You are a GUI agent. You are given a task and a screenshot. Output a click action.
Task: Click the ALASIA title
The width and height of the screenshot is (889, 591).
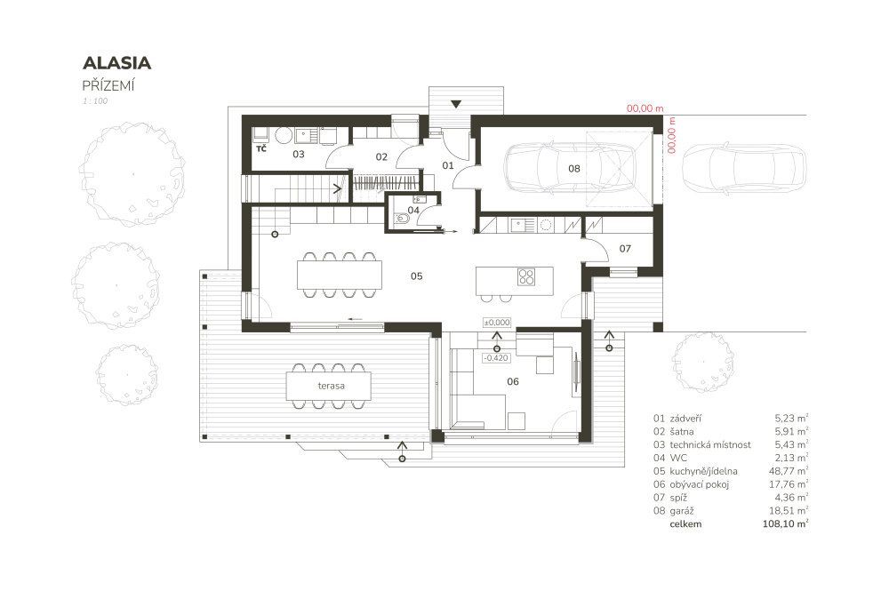(116, 63)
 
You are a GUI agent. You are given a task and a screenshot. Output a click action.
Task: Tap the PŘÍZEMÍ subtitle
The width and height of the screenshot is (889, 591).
(108, 85)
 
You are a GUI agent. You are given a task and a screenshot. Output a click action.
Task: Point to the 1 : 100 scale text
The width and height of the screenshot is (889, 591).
(95, 100)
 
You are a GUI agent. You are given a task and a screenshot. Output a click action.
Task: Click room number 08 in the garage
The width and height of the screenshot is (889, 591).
(573, 168)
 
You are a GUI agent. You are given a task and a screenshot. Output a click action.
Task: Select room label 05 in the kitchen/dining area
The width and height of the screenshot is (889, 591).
(417, 276)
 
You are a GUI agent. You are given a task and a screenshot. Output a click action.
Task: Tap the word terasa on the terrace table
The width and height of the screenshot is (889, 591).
(331, 386)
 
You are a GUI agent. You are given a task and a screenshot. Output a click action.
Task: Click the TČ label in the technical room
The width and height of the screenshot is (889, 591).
(261, 148)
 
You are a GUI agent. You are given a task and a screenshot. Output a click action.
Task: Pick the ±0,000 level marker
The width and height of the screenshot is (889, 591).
(497, 323)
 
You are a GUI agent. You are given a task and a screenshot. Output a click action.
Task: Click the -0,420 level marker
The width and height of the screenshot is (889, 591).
(496, 358)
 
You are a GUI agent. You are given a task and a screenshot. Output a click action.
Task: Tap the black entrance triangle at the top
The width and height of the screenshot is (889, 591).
(456, 104)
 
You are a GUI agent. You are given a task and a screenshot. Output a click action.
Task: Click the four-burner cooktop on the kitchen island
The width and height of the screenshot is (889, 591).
(526, 276)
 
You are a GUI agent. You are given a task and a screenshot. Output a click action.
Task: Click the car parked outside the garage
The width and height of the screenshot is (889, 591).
(743, 168)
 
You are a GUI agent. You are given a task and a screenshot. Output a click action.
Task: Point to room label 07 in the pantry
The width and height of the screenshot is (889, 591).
(625, 249)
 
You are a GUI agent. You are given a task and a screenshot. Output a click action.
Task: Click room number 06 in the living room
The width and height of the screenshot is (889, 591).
(513, 381)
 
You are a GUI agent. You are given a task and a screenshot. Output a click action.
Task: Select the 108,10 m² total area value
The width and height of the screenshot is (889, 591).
(785, 523)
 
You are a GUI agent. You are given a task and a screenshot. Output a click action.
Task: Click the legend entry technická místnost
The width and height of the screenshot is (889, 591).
(709, 445)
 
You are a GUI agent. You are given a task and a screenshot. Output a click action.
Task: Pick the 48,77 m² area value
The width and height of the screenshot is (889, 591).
(789, 471)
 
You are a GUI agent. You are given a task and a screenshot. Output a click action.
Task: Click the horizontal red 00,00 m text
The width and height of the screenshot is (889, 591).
(645, 108)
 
